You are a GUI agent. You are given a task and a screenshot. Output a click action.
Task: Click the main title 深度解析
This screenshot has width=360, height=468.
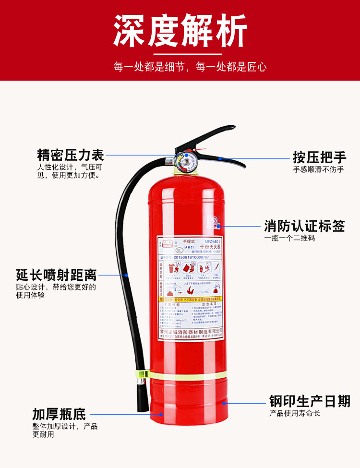[x=180, y=32]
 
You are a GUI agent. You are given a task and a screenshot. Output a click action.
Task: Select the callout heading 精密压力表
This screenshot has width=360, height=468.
[x=71, y=155]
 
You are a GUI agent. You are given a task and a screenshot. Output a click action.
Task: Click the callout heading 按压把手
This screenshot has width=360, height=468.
[x=319, y=157]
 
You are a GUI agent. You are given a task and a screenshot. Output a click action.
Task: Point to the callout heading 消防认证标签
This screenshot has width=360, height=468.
[x=304, y=226]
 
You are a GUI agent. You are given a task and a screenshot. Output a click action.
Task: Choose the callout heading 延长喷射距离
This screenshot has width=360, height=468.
[x=56, y=275]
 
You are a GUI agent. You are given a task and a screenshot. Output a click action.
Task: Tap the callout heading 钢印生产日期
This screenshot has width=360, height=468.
[x=310, y=401]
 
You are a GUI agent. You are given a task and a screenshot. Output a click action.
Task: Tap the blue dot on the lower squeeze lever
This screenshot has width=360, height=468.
[x=220, y=157]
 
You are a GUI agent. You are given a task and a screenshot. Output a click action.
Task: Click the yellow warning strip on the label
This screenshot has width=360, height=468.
[x=191, y=299]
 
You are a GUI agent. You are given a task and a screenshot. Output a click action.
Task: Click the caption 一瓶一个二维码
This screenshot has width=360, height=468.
[x=290, y=238]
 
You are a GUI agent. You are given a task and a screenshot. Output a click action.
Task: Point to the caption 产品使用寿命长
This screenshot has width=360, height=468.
[x=294, y=413]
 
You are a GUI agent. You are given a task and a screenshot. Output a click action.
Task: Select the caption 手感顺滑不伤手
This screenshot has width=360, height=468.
[x=318, y=169]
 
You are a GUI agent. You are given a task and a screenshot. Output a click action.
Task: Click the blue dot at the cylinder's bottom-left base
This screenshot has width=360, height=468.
[x=162, y=413]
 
